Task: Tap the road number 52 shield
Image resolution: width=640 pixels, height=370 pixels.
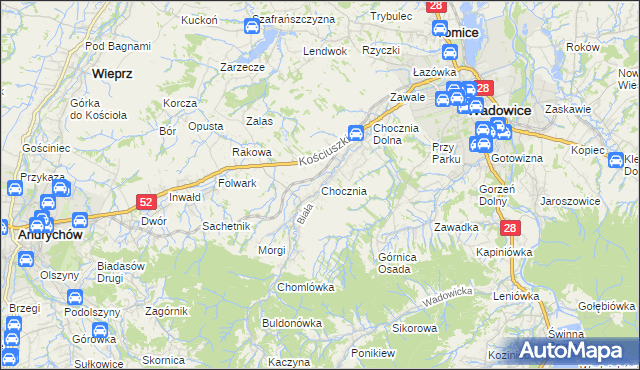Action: (x=145, y=202)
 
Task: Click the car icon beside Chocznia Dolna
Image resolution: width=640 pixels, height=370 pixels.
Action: (x=355, y=132)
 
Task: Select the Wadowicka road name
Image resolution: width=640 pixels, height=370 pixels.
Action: (x=446, y=297)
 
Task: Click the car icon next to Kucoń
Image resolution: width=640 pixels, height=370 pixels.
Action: (x=251, y=26)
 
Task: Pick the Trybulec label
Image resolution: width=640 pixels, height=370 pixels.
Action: (x=391, y=17)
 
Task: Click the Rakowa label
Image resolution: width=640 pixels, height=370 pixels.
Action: (x=252, y=152)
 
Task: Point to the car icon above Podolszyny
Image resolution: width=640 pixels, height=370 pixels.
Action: (x=74, y=297)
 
